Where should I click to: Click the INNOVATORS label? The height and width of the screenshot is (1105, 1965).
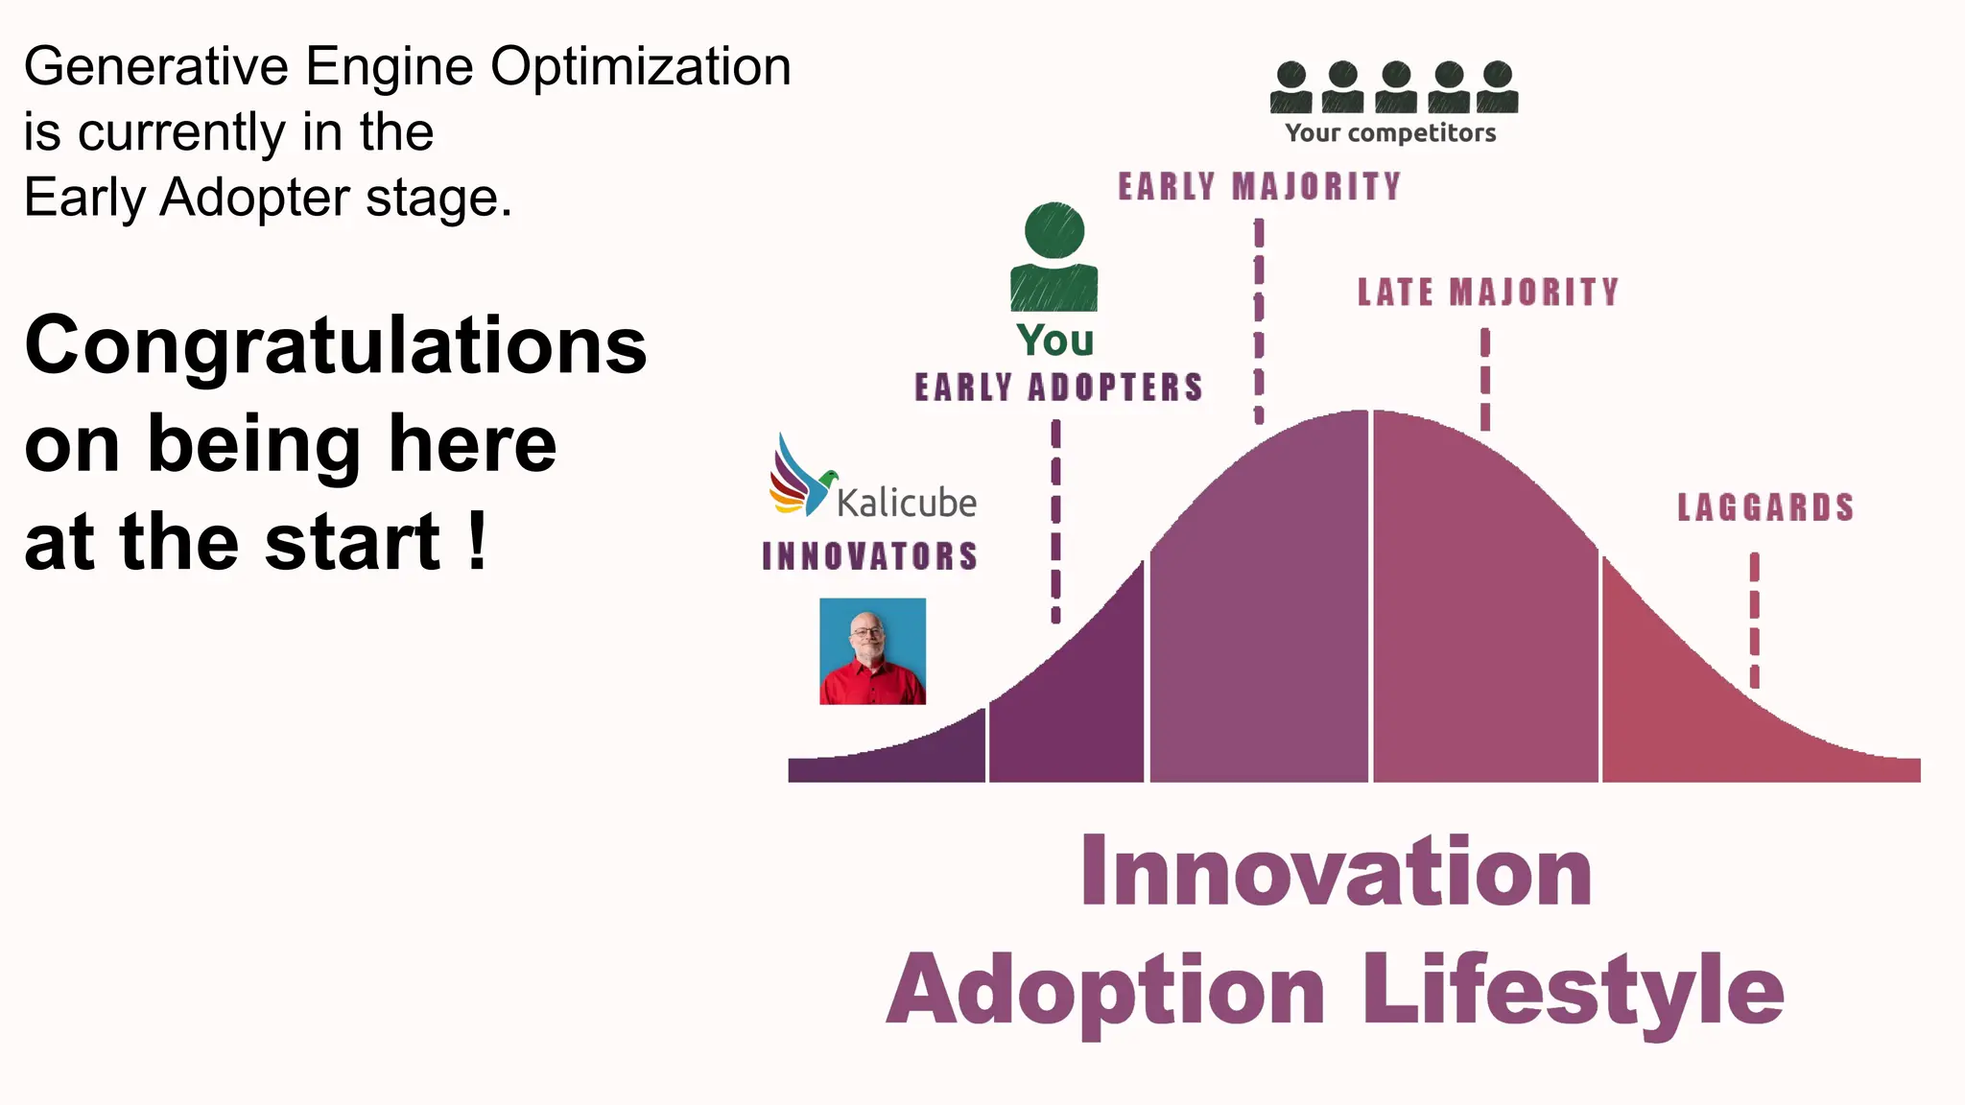[x=869, y=556]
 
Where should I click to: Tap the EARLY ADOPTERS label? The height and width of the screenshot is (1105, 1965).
[x=1057, y=388]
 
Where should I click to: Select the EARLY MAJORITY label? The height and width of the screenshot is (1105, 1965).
[x=1259, y=186]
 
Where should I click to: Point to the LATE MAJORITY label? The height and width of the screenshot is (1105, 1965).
[x=1487, y=293]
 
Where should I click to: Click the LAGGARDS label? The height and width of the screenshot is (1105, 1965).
[x=1764, y=507]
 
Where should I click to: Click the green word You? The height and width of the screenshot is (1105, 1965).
[x=1054, y=341]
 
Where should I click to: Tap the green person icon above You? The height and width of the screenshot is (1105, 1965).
[x=1054, y=257]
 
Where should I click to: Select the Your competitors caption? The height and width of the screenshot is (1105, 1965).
[x=1390, y=133]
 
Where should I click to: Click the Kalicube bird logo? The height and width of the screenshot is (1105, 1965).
[x=799, y=477]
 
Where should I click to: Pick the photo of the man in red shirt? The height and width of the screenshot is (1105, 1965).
[x=872, y=651]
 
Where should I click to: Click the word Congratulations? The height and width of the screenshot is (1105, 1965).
[x=336, y=345]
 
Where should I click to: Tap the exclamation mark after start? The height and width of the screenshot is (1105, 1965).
[x=478, y=542]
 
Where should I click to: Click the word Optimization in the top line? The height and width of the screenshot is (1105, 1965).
[x=640, y=67]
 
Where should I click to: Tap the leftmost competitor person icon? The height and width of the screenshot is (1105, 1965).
[x=1291, y=87]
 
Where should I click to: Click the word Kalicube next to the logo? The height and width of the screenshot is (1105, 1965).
[x=906, y=503]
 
